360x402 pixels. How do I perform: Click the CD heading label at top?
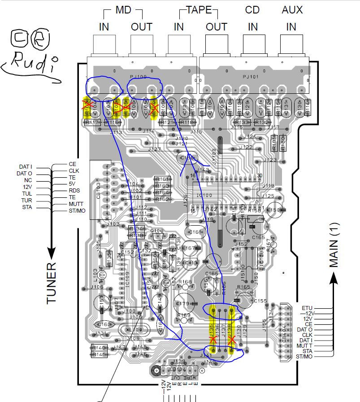(x=253, y=9)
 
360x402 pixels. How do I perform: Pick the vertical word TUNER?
(x=52, y=282)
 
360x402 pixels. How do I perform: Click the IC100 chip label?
(x=204, y=196)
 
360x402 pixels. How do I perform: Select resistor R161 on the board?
(x=162, y=179)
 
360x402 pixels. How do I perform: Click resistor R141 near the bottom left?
(x=99, y=355)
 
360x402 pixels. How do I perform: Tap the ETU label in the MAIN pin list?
(x=307, y=308)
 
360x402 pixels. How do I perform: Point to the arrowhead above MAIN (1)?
(x=333, y=279)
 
